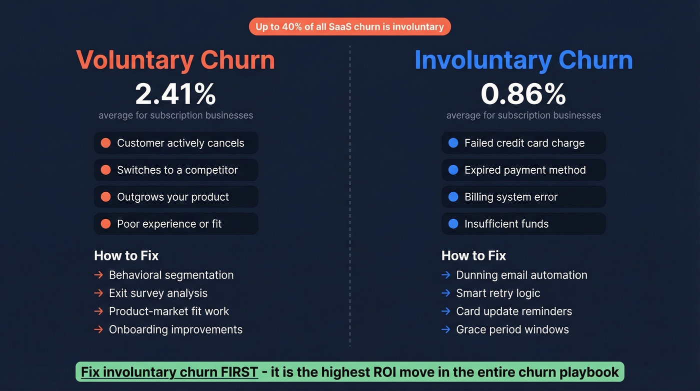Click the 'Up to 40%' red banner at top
point(349,27)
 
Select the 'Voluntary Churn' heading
point(175,60)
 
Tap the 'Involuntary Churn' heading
point(523,60)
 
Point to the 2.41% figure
point(175,94)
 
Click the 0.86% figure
point(523,94)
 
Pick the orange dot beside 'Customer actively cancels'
point(105,143)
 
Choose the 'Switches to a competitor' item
point(177,170)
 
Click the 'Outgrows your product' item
point(172,197)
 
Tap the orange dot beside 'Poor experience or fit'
point(105,224)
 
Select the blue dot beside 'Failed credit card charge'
point(453,143)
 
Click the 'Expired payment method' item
point(524,170)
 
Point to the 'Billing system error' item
point(510,197)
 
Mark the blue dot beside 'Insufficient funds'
point(453,224)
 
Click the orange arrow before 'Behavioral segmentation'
point(98,275)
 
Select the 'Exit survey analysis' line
point(158,293)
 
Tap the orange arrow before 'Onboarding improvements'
point(98,329)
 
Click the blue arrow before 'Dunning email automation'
point(446,275)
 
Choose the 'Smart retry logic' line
point(498,293)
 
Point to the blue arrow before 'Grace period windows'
point(446,329)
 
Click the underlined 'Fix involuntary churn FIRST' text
point(169,372)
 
